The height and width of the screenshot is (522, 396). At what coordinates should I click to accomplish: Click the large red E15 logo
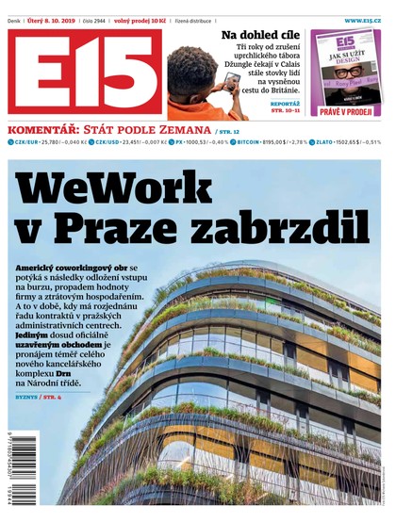point(85,72)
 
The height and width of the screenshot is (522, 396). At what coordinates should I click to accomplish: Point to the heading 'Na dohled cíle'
point(261,36)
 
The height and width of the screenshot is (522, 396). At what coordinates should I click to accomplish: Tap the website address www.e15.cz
point(363,19)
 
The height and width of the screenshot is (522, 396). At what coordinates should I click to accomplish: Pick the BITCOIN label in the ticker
point(248,142)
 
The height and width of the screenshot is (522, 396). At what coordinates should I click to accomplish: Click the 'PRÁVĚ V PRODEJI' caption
point(345,111)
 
